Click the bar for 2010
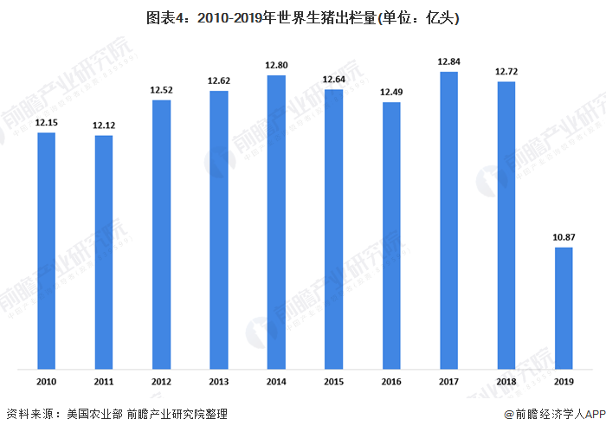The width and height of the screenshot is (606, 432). click(x=46, y=251)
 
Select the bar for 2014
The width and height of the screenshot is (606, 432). click(x=276, y=222)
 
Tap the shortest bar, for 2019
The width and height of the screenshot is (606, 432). click(x=564, y=308)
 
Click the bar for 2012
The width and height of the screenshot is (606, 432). click(x=161, y=235)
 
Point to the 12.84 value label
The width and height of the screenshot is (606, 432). click(x=448, y=61)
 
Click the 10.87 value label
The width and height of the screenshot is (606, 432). click(x=564, y=237)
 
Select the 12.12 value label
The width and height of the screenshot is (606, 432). click(x=104, y=126)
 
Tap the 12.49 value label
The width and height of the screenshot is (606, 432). click(x=391, y=93)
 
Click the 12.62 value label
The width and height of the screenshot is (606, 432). click(x=219, y=81)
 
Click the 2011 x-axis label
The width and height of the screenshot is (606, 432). click(x=104, y=381)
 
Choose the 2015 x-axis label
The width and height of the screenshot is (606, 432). click(x=333, y=381)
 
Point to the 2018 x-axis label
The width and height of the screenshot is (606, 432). click(x=506, y=381)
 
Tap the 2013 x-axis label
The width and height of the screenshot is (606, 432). click(x=219, y=381)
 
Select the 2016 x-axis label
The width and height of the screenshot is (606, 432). click(x=391, y=381)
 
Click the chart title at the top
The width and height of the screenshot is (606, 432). click(x=303, y=17)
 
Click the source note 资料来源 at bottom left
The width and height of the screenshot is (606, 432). click(x=117, y=416)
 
